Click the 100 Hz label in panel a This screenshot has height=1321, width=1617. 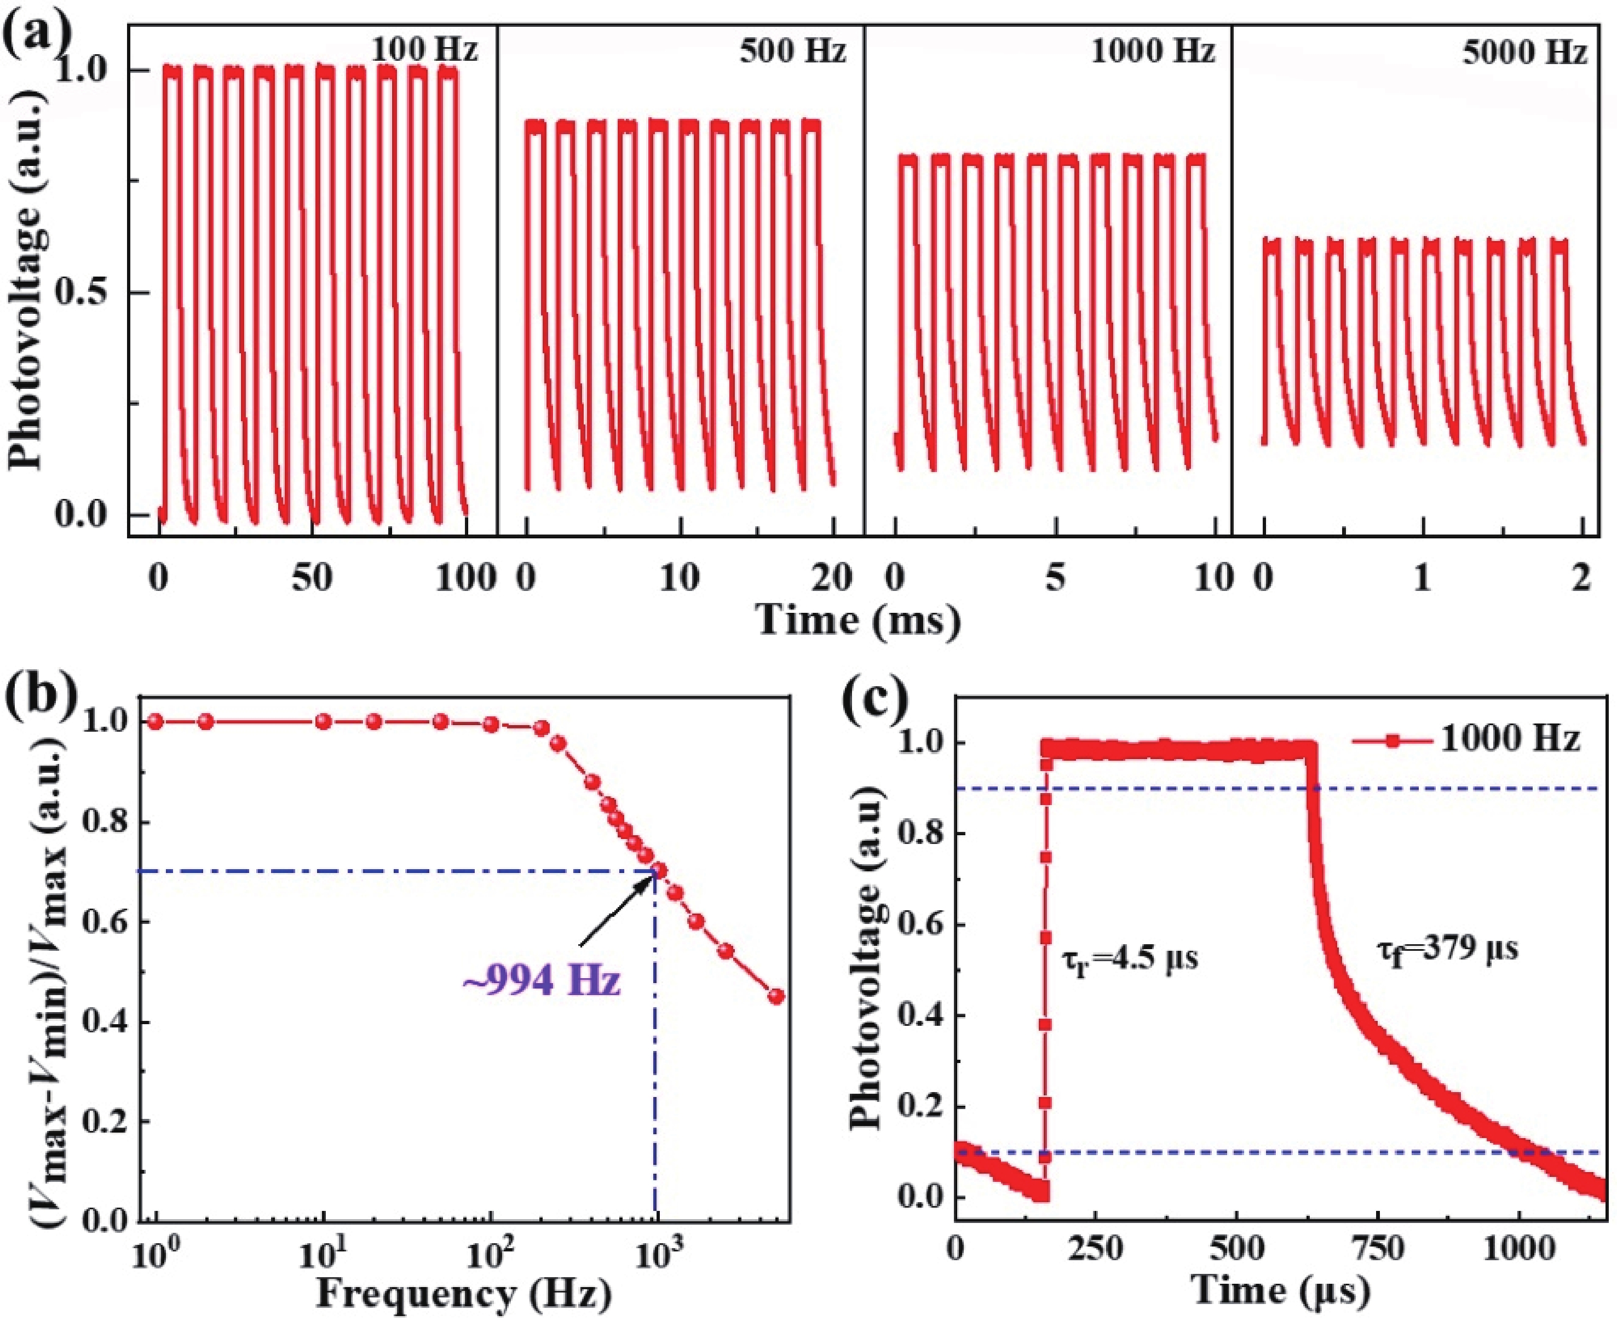[x=424, y=50]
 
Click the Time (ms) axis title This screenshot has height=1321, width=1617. [x=858, y=620]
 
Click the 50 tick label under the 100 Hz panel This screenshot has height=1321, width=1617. [x=313, y=579]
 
